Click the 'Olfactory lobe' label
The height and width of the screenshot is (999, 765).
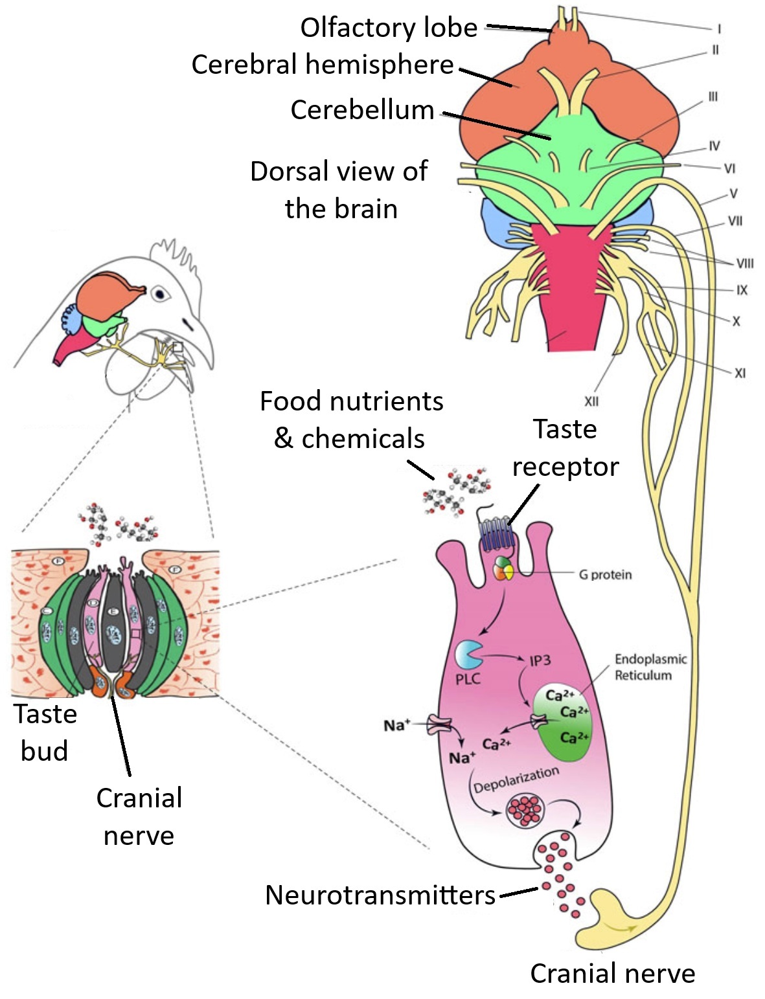tap(388, 28)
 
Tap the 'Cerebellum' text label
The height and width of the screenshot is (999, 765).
tap(361, 110)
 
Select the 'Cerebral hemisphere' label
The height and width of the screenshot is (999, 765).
tap(322, 65)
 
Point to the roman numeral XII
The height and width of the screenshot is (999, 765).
tap(591, 401)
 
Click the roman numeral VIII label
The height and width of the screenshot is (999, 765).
tap(744, 264)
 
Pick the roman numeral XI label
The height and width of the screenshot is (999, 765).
tap(740, 373)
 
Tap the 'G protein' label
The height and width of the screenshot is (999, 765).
tap(605, 575)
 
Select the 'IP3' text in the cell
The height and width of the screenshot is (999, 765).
tap(540, 660)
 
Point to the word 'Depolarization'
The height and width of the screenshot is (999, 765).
tap(516, 780)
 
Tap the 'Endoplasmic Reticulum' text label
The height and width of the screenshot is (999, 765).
tap(650, 667)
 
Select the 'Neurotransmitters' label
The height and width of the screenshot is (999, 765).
tap(380, 895)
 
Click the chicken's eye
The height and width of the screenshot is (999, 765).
tap(159, 294)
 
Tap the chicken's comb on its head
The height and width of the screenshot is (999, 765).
tap(175, 253)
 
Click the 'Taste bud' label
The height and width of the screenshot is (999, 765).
tap(45, 732)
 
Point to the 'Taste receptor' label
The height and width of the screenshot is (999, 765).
tap(565, 448)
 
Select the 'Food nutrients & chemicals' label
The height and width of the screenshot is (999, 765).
tap(351, 420)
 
